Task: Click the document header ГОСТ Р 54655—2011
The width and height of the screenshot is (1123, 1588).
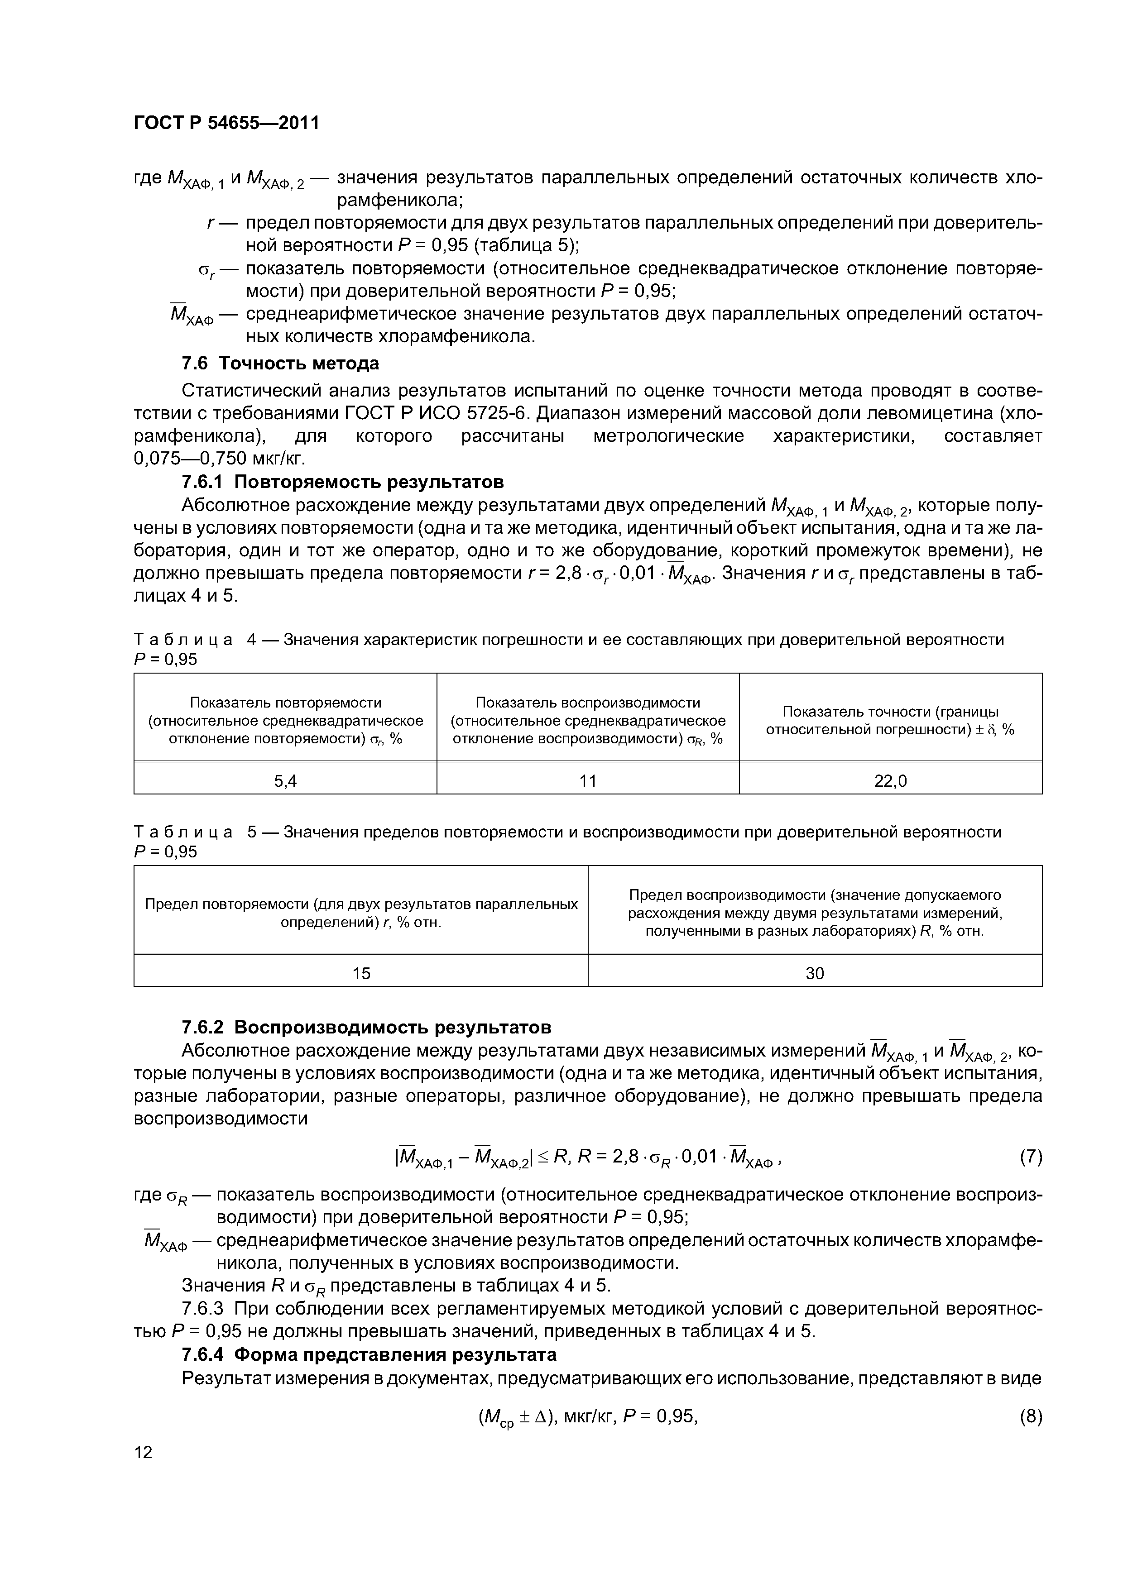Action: [x=226, y=123]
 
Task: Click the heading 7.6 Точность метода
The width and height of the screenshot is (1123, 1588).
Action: [x=280, y=363]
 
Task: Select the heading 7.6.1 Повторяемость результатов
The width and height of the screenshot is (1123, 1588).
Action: [x=342, y=481]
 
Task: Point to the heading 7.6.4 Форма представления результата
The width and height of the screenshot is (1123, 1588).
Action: [x=369, y=1354]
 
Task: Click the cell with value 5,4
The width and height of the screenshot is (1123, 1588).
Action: [x=285, y=781]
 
